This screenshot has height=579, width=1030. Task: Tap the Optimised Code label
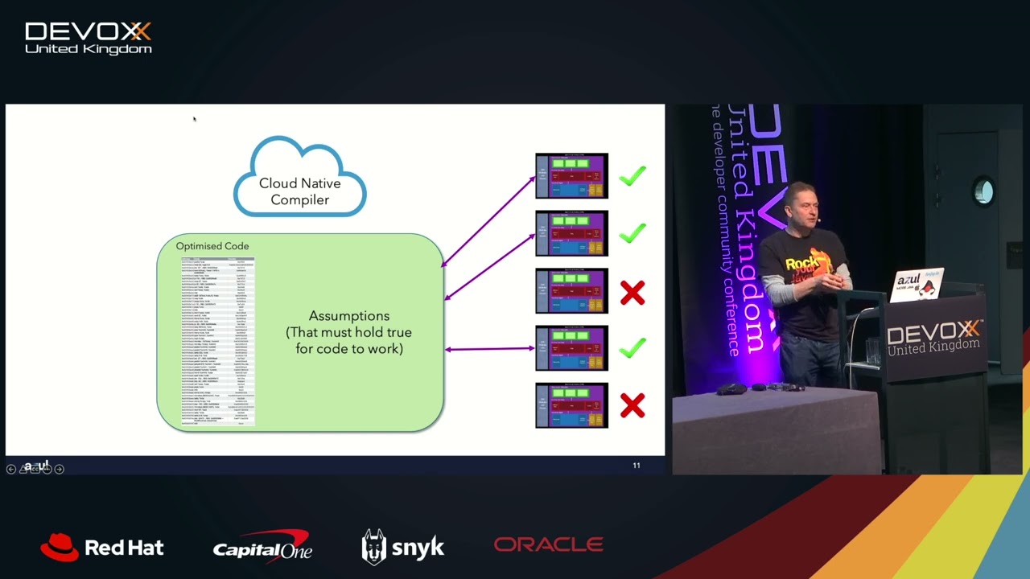212,246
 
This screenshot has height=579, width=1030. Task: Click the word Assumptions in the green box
349,316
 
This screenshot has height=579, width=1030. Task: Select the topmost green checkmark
632,175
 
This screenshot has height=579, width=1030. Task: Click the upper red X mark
632,293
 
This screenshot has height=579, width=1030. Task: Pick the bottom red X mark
632,405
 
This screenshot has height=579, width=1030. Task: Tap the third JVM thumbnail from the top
572,290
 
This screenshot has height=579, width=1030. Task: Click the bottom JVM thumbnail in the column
572,405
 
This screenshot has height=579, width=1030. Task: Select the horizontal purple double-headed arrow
489,348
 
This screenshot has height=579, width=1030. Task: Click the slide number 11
637,465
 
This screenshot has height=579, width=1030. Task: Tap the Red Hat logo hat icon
60,547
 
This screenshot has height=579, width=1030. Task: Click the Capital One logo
262,546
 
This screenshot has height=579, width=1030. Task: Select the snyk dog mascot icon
373,546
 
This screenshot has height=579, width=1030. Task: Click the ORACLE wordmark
548,545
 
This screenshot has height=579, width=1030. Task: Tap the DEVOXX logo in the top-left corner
89,38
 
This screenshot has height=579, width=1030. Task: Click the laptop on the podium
918,285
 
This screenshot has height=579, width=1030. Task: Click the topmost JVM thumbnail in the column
572,175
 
